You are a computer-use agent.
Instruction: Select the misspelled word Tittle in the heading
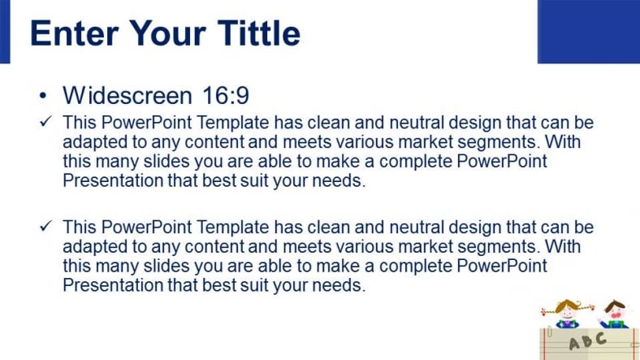click(259, 33)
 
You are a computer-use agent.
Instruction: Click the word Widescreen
click(128, 96)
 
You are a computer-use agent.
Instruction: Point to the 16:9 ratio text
click(226, 96)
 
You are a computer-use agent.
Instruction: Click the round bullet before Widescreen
click(43, 97)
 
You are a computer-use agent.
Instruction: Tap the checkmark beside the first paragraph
click(45, 121)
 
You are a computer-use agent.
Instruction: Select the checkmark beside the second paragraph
click(45, 226)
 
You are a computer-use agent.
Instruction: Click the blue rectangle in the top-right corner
click(589, 32)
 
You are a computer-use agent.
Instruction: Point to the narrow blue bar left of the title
click(5, 32)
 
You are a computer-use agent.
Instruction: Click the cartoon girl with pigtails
click(568, 314)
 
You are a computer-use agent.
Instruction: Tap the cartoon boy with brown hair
click(614, 314)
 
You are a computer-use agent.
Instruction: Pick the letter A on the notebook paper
click(575, 344)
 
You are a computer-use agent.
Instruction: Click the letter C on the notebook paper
click(600, 338)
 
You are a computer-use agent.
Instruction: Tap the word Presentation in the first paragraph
click(113, 180)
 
